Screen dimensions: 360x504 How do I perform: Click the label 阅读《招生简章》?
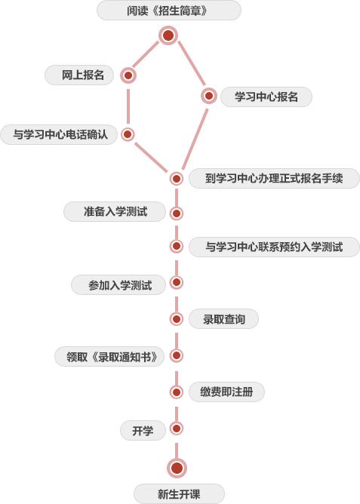[167, 11]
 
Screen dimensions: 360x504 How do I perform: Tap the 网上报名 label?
[83, 75]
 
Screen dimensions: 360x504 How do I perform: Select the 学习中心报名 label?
[266, 97]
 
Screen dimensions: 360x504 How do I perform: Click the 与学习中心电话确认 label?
[60, 134]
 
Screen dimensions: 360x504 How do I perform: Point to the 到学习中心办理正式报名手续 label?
[274, 178]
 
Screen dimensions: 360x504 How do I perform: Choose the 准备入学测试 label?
[115, 211]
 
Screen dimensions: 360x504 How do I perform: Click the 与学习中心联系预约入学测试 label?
[274, 247]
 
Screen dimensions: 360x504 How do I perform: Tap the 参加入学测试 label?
[119, 285]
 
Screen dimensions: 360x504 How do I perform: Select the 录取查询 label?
[223, 319]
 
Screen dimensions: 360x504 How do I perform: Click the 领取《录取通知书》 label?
[112, 356]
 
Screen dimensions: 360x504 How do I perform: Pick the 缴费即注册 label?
[226, 392]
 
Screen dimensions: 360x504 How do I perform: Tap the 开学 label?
[143, 430]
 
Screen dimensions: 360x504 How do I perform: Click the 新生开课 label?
[179, 494]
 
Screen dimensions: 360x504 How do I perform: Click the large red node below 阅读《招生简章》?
[168, 35]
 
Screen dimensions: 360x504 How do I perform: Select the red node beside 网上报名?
[128, 75]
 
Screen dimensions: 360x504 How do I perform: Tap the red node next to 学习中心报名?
[209, 96]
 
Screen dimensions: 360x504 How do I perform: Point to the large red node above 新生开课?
[177, 468]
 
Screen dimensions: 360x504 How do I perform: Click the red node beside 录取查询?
[176, 319]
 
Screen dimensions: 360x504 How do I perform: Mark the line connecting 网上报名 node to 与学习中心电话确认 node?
[128, 106]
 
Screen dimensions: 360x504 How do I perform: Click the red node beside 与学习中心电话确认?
[128, 134]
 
